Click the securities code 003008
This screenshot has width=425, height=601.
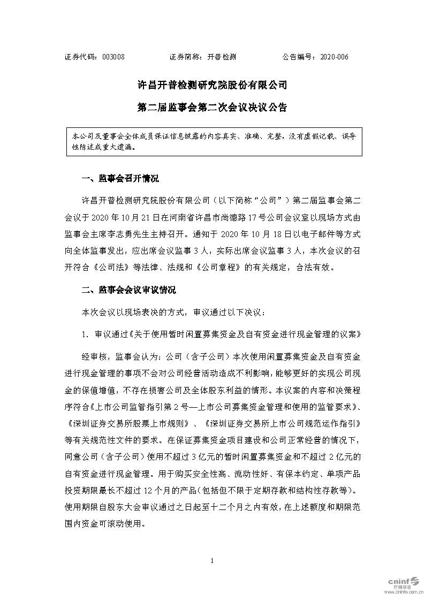(113, 57)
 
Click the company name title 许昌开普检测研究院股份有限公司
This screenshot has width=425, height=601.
(212, 85)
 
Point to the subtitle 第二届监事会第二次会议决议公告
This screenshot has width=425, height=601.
(212, 107)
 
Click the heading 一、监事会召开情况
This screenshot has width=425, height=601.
(119, 178)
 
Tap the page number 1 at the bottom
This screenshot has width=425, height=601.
(212, 560)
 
